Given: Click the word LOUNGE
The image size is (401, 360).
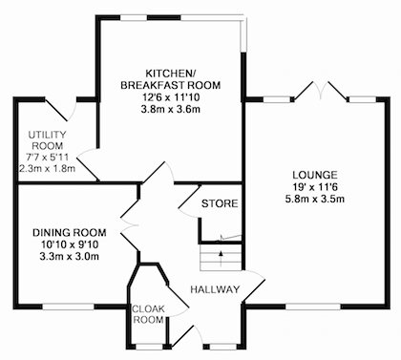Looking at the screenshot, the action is tap(315, 175).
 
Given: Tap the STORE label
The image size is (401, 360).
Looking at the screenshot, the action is tap(220, 203).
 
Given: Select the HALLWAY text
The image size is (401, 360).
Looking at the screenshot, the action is tap(215, 289).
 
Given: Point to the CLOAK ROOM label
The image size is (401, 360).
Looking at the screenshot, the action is tap(149, 314).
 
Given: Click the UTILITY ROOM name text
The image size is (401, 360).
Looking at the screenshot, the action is tap(48, 140).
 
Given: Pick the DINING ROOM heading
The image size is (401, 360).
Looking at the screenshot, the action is tap(70, 233).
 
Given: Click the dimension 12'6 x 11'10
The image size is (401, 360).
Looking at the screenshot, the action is tap(170, 97).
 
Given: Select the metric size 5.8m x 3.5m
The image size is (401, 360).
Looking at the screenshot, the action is tap(315, 200).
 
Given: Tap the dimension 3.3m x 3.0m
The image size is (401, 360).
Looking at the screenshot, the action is tap(70, 256).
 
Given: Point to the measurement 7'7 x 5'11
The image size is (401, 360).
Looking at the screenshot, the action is tap(48, 157).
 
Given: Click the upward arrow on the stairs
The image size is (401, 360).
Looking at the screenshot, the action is tap(221, 258).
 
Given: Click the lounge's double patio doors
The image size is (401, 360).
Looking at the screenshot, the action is tap(321, 92).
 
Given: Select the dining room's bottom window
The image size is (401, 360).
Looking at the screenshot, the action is tap(69, 307).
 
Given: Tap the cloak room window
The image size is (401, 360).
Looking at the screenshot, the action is tap(149, 347).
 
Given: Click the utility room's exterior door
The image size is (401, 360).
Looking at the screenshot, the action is tap(61, 109).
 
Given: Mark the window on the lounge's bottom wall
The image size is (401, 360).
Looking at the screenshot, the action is tap(313, 307).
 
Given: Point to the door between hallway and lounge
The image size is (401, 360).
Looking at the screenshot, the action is tap(254, 286).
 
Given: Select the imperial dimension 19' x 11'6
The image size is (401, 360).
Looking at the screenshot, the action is tap(315, 187).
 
